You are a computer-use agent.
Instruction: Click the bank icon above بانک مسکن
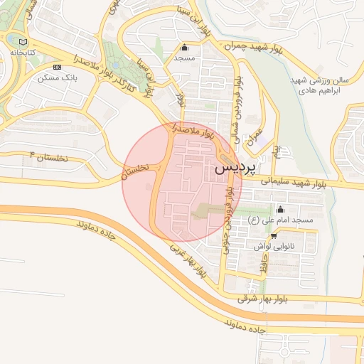tap(57, 67)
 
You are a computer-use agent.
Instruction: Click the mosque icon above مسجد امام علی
tap(279, 210)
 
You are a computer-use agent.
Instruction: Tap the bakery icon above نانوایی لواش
tap(274, 235)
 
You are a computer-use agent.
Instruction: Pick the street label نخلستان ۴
tap(48, 156)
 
